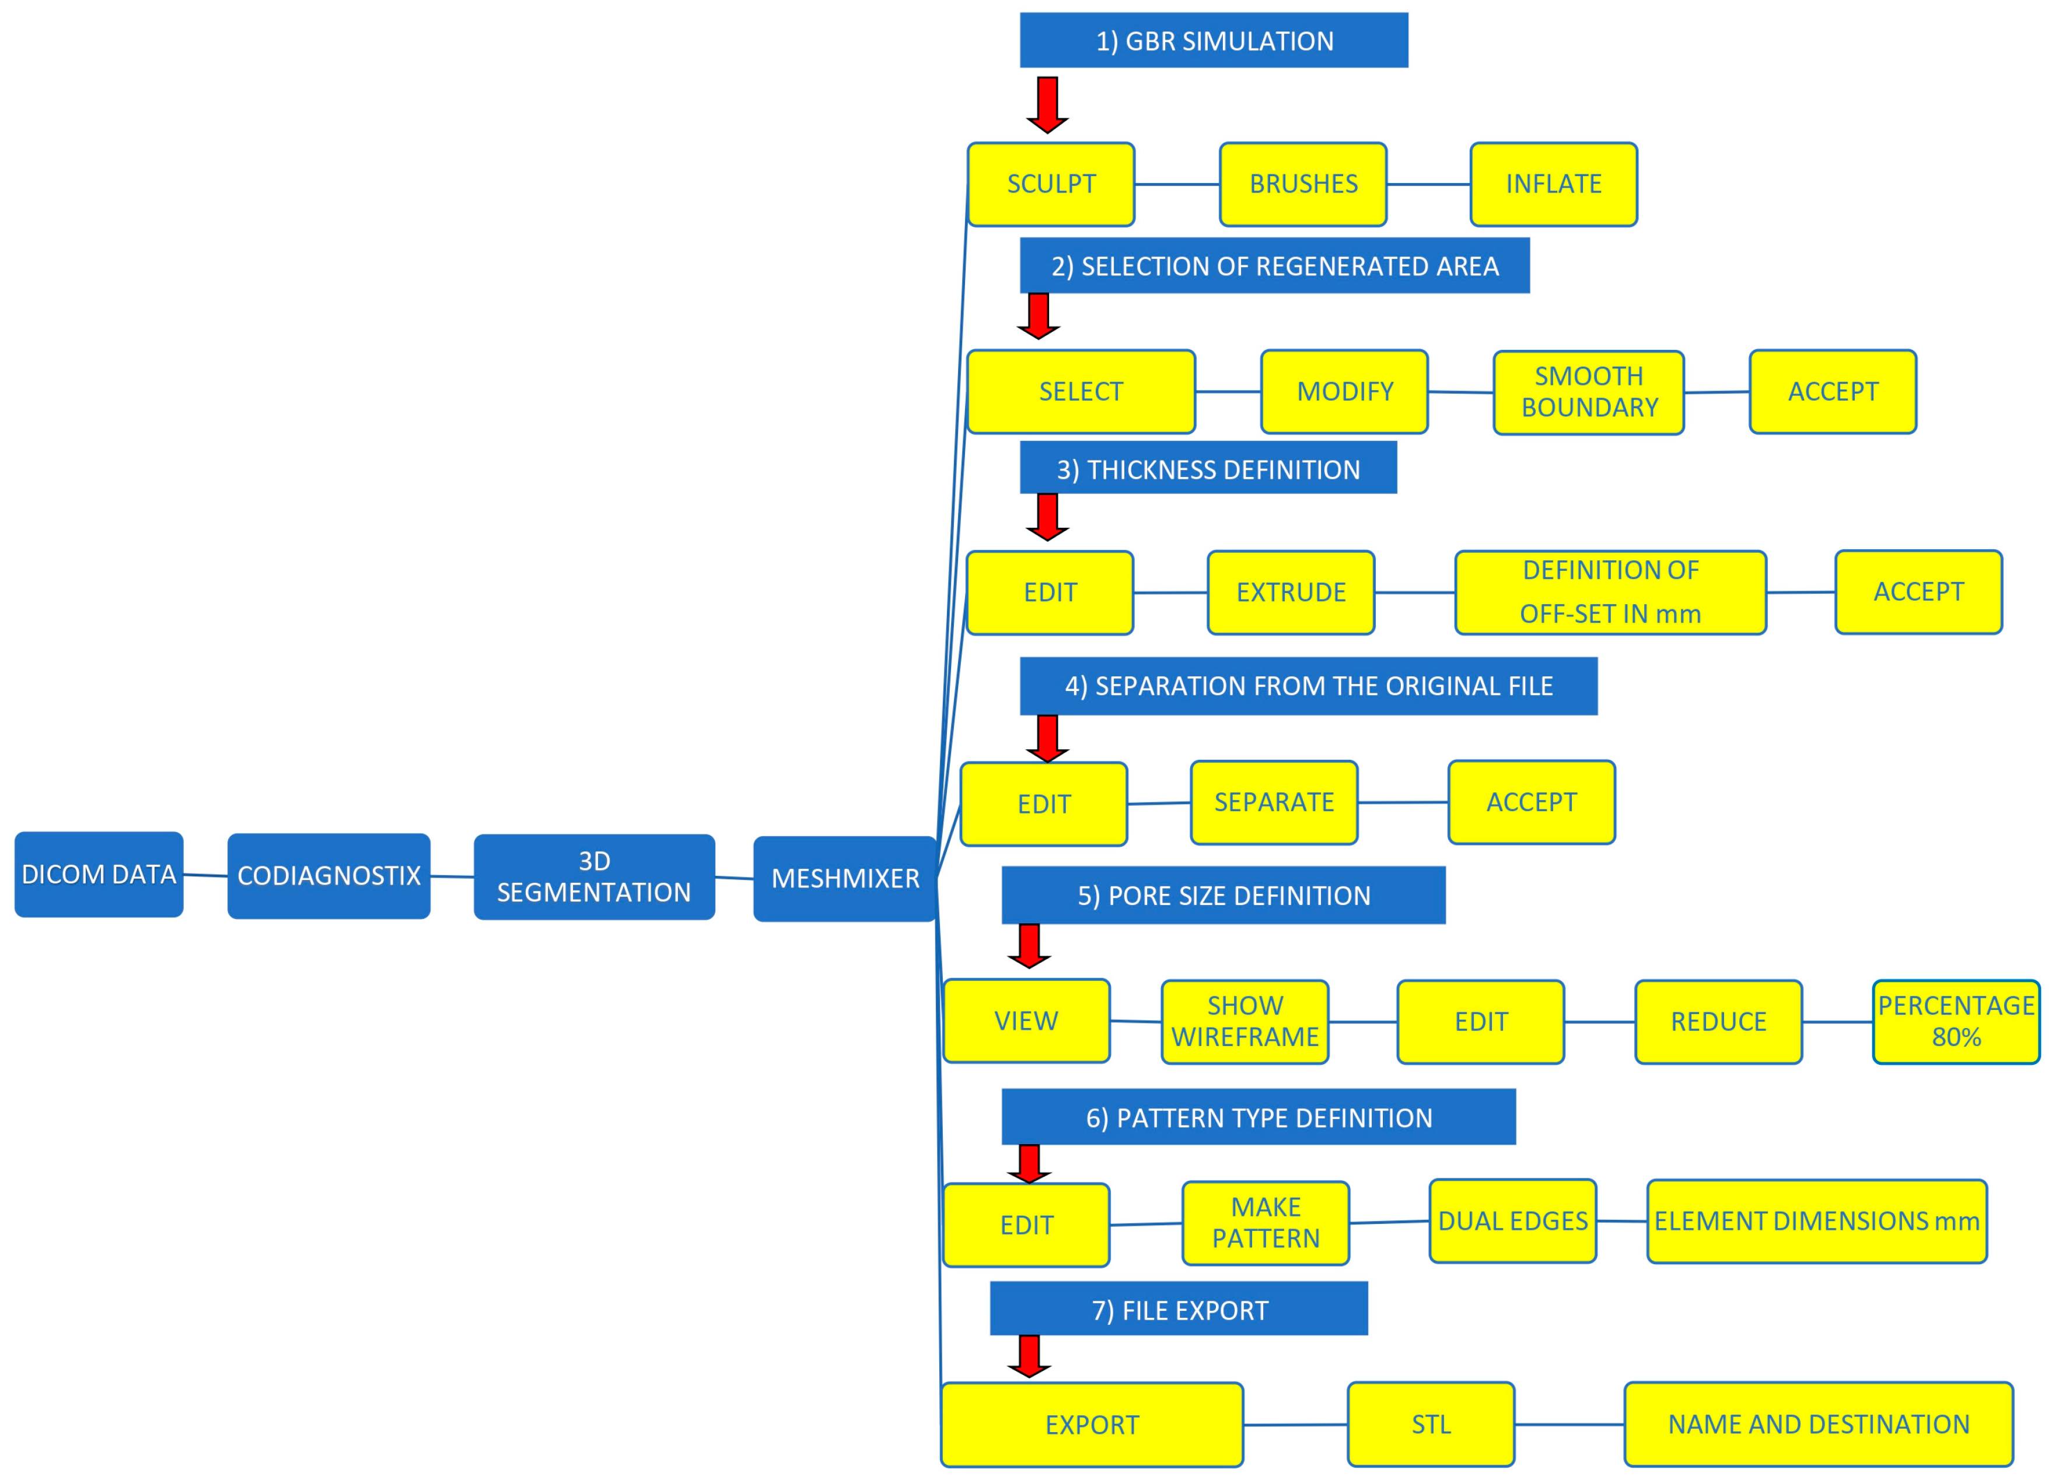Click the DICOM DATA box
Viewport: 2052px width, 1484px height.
pyautogui.click(x=99, y=875)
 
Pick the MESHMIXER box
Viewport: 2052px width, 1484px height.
pyautogui.click(x=844, y=878)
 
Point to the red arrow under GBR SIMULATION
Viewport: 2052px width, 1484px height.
pyautogui.click(x=1047, y=104)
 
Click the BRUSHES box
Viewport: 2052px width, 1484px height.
pyautogui.click(x=1303, y=184)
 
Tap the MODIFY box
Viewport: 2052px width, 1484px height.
pyautogui.click(x=1344, y=392)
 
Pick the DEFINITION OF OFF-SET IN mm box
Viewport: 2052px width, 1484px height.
pyautogui.click(x=1610, y=592)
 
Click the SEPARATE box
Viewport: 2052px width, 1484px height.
pyautogui.click(x=1273, y=802)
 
